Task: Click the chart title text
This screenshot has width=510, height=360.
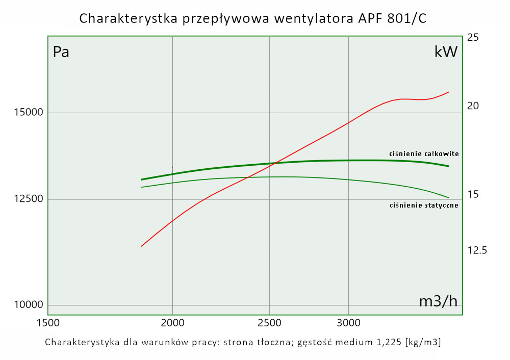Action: [x=253, y=18]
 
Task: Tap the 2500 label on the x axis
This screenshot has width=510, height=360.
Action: [x=269, y=323]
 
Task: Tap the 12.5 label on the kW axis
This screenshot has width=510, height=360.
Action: [x=477, y=250]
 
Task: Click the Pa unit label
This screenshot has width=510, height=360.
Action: [x=61, y=52]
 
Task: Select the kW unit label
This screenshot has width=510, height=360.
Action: [x=446, y=52]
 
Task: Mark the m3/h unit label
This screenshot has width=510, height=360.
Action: [x=438, y=301]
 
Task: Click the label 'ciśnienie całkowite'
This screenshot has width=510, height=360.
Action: [x=423, y=153]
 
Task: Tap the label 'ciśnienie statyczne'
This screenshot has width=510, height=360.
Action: [x=423, y=205]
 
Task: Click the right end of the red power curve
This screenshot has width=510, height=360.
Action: [x=448, y=92]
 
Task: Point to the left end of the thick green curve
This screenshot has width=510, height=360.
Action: [x=142, y=179]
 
